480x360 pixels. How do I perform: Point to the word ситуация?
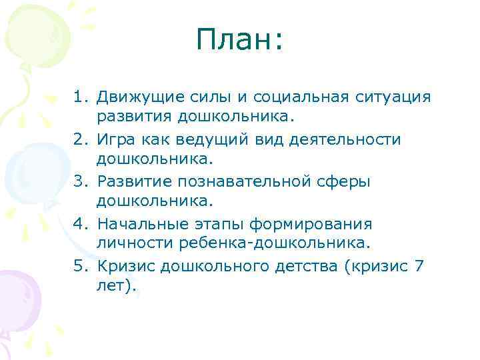click(393, 97)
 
